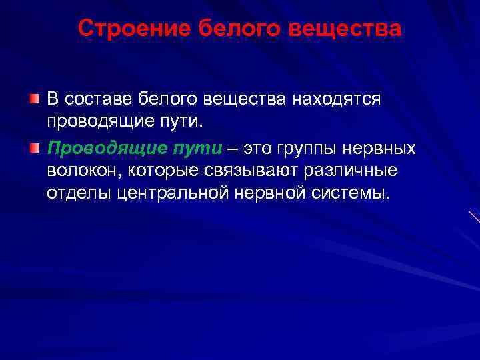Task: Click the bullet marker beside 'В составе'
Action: point(35,99)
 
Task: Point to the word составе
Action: point(99,99)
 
